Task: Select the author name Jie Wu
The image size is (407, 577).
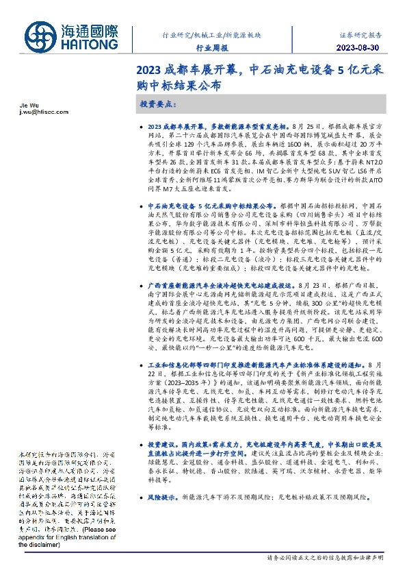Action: click(x=22, y=107)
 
